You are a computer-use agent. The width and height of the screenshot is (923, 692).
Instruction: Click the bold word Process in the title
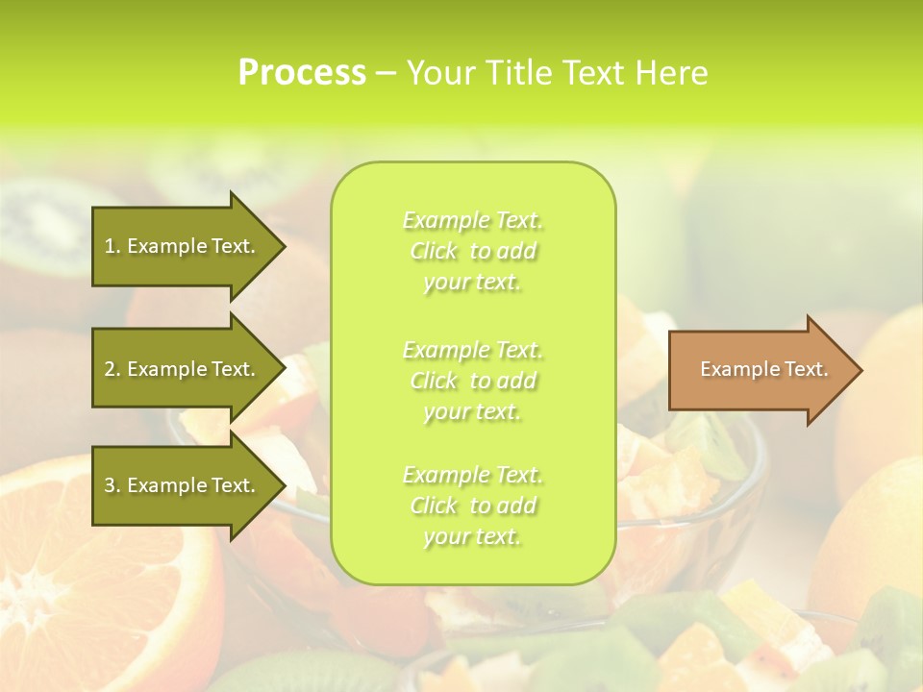(302, 73)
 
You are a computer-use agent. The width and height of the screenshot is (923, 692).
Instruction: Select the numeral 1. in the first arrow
(112, 246)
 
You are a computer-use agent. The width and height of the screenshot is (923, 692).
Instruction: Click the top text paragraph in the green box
(472, 251)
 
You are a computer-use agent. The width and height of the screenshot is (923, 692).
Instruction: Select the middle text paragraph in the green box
(472, 381)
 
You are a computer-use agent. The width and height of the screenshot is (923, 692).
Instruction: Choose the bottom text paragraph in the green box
(472, 506)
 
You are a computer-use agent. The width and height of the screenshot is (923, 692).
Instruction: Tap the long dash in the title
(386, 74)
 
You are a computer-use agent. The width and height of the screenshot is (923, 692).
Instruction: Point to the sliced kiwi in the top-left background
(48, 226)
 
